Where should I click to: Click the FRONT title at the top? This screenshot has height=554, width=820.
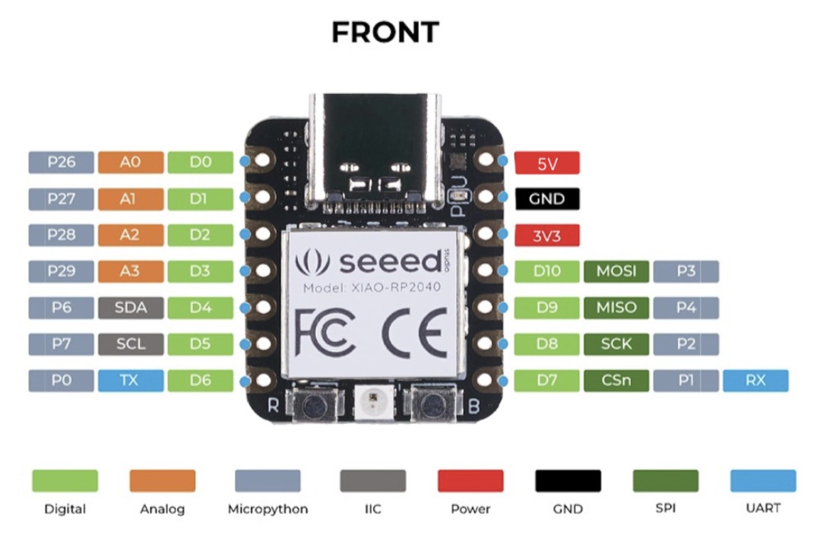[x=385, y=33]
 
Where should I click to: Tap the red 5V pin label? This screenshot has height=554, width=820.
[x=547, y=163]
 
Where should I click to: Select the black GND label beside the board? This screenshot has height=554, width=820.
[x=547, y=199]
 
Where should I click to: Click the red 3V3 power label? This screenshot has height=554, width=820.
[x=547, y=236]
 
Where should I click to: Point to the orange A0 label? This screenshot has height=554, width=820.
[x=131, y=162]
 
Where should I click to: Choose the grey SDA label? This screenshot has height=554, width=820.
[x=131, y=308]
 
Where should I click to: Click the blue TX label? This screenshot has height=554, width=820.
[x=131, y=380]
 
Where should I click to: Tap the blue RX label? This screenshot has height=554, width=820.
[x=755, y=380]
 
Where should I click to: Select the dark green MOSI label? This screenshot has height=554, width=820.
[x=616, y=271]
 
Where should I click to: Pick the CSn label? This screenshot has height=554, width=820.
[x=616, y=380]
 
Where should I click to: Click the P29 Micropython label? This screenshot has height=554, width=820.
[x=62, y=271]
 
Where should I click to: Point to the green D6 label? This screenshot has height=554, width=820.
[x=201, y=380]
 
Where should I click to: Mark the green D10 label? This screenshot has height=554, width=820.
[x=547, y=271]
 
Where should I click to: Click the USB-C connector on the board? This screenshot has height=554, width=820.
[x=375, y=152]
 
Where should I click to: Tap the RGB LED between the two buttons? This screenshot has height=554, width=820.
[x=372, y=402]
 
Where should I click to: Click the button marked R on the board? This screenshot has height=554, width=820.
[x=314, y=404]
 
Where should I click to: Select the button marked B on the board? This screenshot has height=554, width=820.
[x=432, y=404]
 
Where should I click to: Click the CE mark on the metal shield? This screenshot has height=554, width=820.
[x=414, y=333]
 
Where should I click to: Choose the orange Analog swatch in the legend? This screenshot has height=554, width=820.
[x=163, y=481]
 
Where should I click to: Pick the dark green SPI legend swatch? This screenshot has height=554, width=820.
[x=666, y=481]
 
